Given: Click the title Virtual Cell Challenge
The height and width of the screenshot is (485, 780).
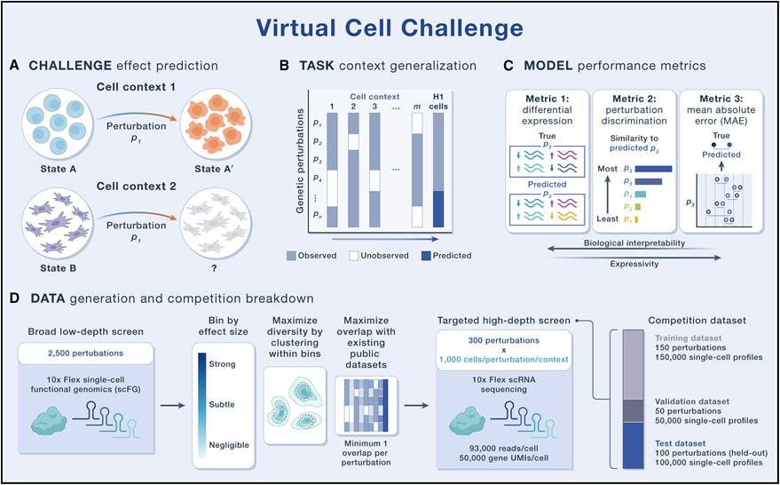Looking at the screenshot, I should click(390, 27).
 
